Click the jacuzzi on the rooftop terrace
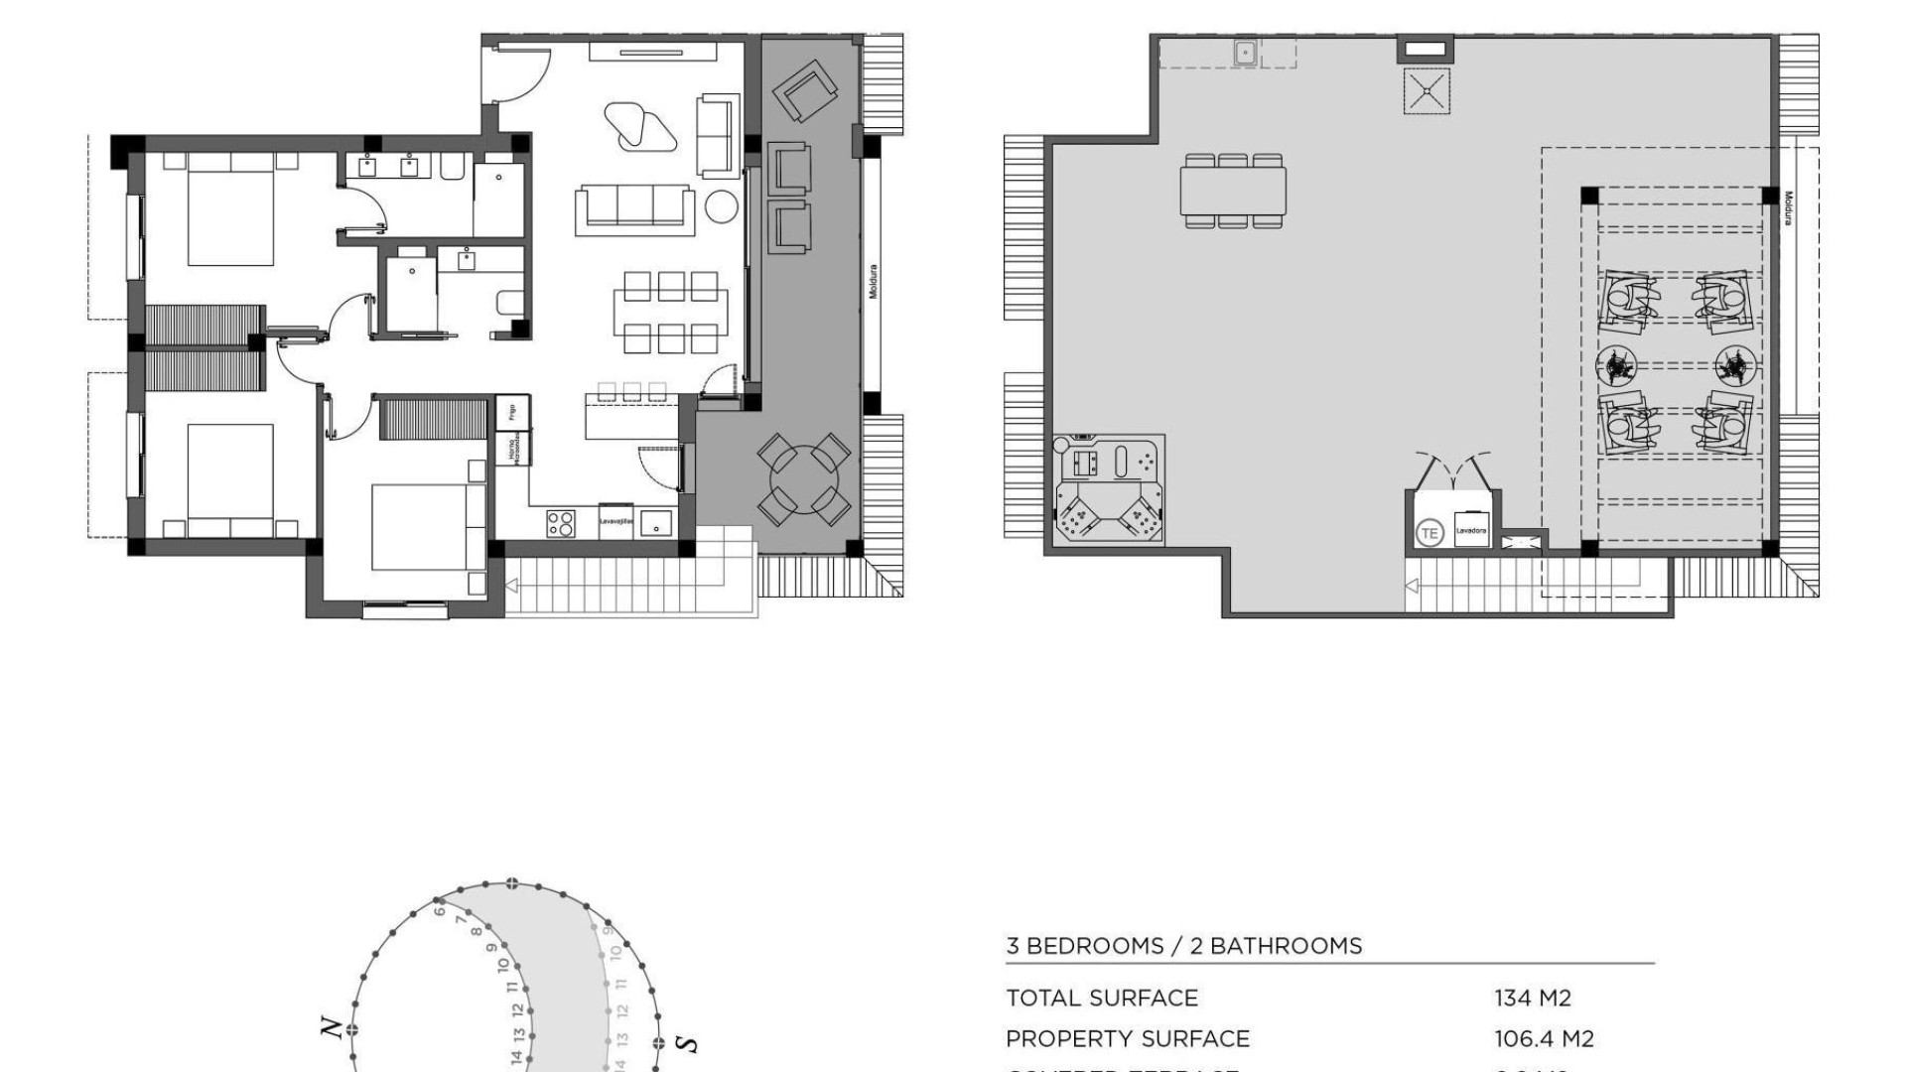(1109, 488)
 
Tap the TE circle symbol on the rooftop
(1429, 533)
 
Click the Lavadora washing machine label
(1471, 531)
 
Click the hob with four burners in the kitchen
(561, 523)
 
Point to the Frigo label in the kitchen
(512, 412)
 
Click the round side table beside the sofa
(722, 206)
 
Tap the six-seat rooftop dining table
(1233, 191)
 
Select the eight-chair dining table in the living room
(670, 313)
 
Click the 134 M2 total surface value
(1533, 998)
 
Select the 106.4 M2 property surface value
(1544, 1039)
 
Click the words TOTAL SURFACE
(1102, 998)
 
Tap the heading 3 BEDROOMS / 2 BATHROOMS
(1183, 946)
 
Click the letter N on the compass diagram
(334, 1028)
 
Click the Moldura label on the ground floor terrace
(873, 282)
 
